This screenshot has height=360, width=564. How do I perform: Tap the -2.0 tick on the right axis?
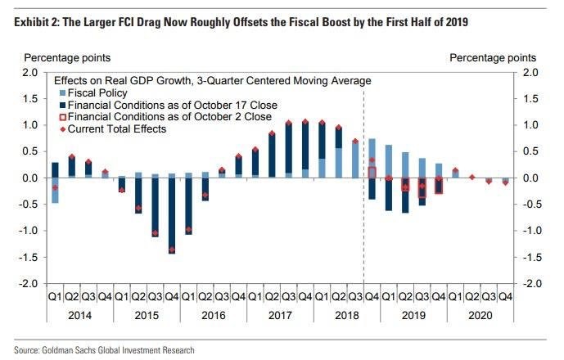(x=531, y=283)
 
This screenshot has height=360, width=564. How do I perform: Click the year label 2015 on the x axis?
(x=147, y=313)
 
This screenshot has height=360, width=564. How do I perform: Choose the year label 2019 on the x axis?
(x=415, y=313)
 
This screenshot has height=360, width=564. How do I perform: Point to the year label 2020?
(x=482, y=313)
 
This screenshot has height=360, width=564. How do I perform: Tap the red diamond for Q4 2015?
(x=172, y=250)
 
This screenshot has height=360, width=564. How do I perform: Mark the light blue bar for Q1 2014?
(x=55, y=190)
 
